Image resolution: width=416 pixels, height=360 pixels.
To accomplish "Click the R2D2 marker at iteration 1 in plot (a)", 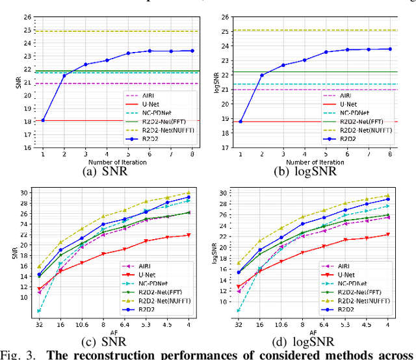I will [x=43, y=120].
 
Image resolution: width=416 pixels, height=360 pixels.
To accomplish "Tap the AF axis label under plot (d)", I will [x=313, y=333].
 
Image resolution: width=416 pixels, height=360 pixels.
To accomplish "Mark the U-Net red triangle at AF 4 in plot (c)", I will [x=188, y=235].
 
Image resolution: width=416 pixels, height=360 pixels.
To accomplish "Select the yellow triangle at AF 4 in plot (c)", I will [x=188, y=193].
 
